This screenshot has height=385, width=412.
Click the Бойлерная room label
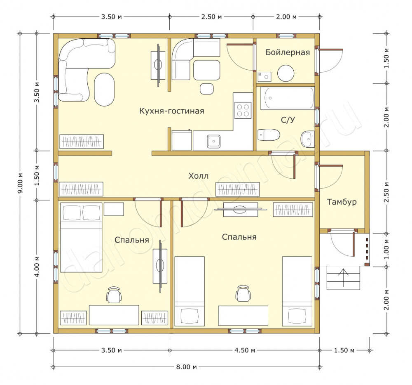288,52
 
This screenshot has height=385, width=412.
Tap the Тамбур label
342,202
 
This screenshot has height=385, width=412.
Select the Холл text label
199,176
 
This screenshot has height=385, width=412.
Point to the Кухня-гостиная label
171,111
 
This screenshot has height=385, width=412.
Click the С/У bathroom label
288,120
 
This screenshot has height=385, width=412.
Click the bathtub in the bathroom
287,99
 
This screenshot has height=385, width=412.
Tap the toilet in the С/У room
269,135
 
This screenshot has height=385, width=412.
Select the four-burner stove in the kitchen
243,110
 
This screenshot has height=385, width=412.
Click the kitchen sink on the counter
213,141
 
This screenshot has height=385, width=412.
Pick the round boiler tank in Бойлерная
286,73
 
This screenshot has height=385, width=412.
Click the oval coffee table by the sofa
104,90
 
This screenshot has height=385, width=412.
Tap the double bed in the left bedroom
81,237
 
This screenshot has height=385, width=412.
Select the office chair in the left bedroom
114,295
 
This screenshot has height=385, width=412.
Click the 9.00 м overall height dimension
20,183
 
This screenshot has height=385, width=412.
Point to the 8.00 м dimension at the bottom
186,367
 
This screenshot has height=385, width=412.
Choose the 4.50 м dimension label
245,350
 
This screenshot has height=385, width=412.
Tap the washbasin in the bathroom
307,139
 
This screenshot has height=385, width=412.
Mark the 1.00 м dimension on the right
386,249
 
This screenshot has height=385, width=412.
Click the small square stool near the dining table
206,89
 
